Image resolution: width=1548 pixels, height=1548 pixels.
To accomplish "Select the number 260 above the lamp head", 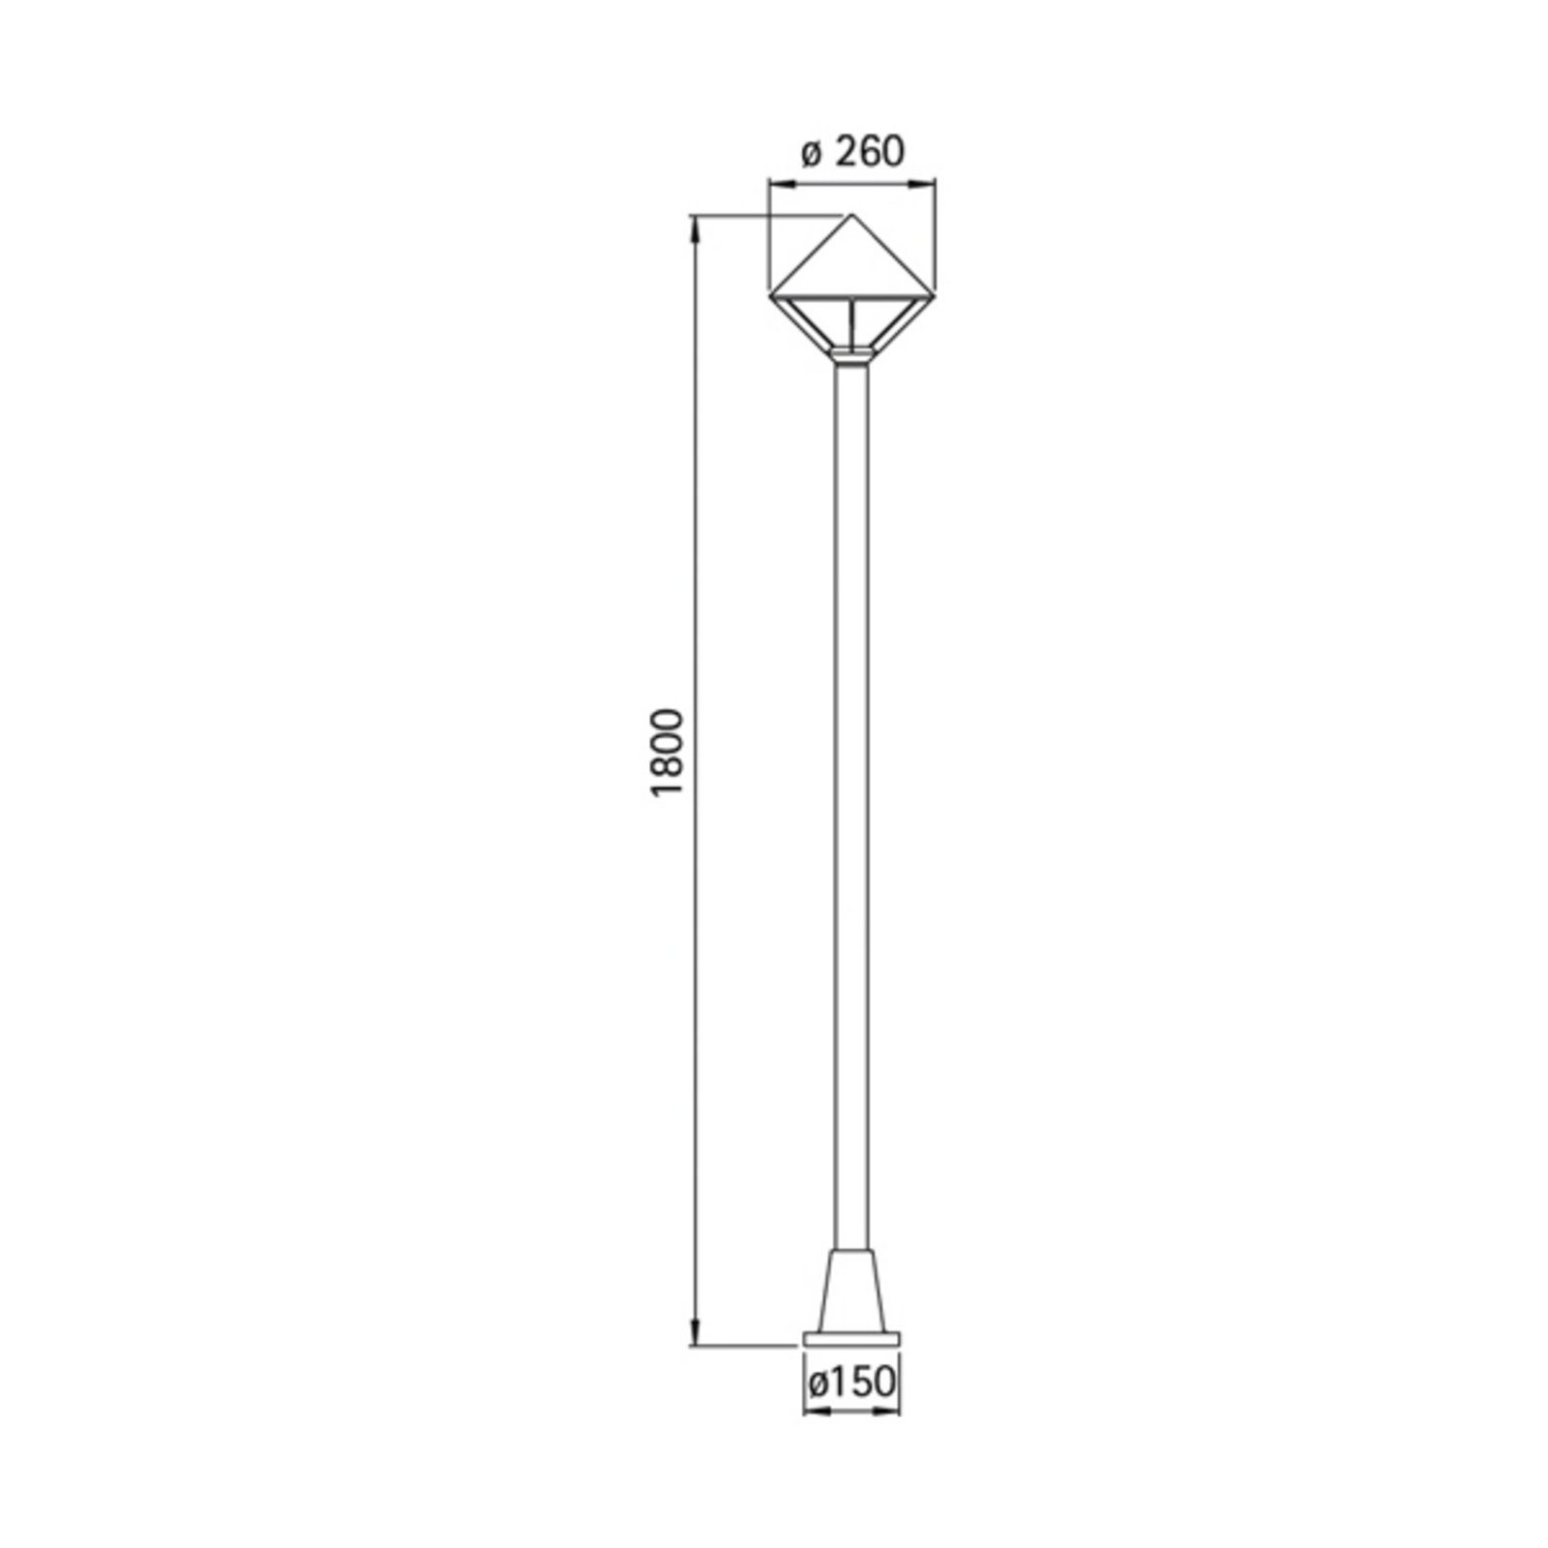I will pos(869,152).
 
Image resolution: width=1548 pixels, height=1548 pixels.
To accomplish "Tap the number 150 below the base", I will pos(864,1381).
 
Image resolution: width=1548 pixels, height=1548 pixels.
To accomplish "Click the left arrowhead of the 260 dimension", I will pos(775,181).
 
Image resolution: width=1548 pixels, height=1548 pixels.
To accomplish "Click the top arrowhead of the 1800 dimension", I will pos(694,224).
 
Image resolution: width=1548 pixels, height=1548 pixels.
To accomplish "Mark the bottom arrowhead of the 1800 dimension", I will pos(694,1337).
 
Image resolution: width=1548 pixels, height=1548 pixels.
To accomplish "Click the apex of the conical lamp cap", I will pos(851,215).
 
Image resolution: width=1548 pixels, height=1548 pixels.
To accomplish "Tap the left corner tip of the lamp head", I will pos(770,294).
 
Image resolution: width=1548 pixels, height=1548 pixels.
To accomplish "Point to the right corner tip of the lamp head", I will pos(934,294).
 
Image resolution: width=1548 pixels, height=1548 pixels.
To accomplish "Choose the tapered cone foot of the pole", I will pos(851,1292).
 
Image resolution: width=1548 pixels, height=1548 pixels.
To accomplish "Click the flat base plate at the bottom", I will pos(851,1339).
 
